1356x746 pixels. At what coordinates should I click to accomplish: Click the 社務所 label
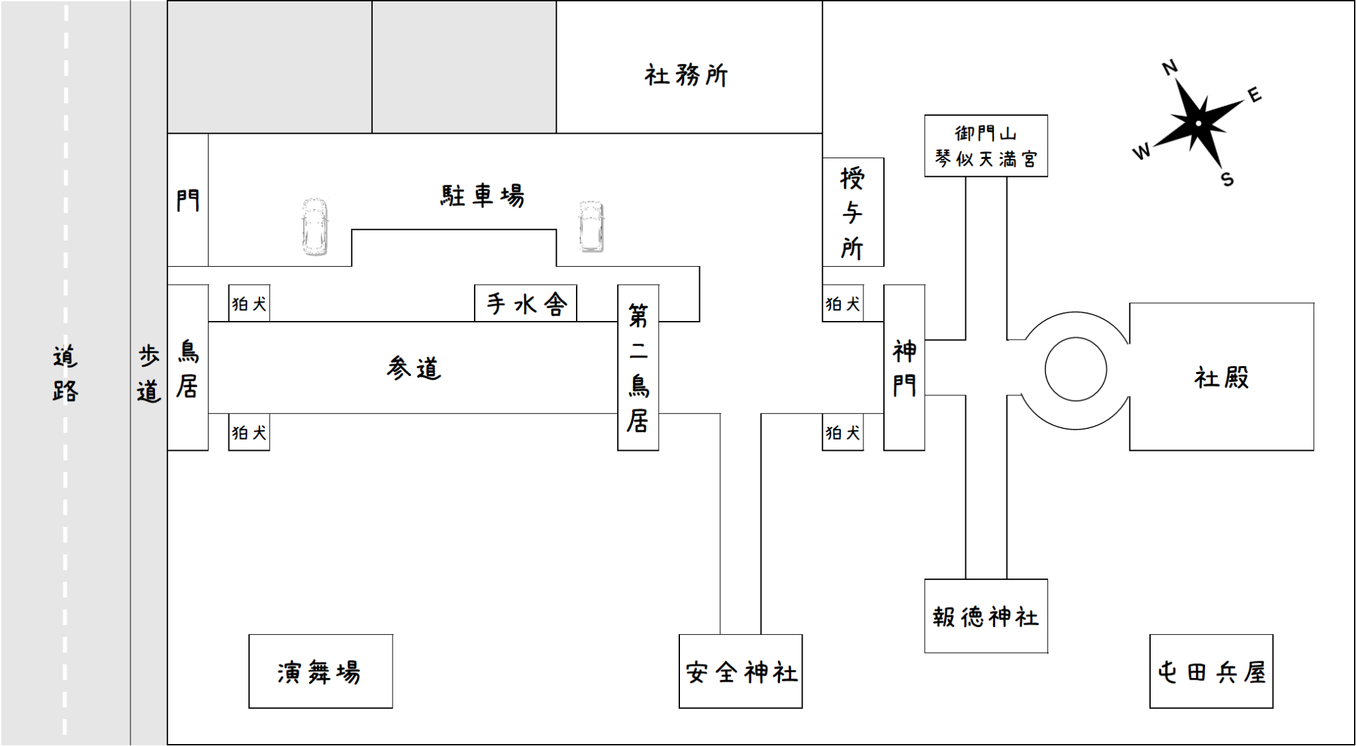686,75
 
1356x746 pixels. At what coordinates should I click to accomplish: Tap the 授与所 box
853,212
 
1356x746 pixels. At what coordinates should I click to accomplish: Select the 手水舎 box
526,303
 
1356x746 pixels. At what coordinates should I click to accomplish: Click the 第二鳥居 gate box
638,367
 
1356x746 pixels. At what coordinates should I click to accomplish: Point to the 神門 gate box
904,367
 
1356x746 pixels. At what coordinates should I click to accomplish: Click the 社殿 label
1221,377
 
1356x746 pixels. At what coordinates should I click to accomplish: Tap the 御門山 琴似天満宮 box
986,146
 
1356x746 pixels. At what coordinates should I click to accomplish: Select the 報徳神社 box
986,616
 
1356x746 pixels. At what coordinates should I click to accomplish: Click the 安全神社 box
740,671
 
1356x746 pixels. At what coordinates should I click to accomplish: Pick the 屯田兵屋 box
1211,671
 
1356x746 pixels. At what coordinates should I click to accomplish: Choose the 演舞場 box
320,671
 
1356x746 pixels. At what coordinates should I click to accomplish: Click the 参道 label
414,368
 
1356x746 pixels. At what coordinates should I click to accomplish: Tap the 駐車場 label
483,196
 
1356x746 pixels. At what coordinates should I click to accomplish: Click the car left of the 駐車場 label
315,226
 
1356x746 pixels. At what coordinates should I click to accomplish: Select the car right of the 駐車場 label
591,226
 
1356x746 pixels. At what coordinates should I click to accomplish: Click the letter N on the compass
1170,68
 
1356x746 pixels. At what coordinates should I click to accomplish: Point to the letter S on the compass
1227,179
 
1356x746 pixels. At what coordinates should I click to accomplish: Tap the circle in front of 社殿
1075,369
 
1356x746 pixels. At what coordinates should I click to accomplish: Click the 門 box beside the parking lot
188,200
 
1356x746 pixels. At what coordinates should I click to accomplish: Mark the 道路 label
65,373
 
